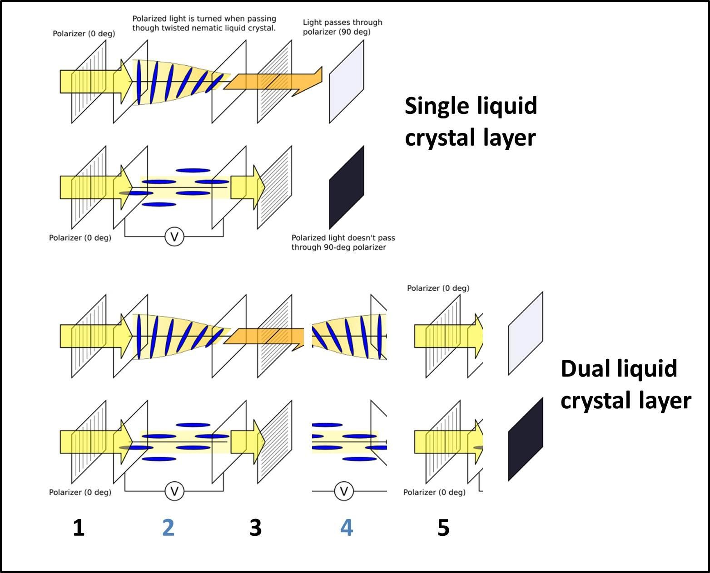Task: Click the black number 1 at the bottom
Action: coord(79,528)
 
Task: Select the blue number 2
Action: coord(168,528)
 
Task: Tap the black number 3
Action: coord(256,528)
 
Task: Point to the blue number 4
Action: coord(347,528)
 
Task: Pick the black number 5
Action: coord(443,528)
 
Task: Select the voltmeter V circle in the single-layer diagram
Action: coord(174,236)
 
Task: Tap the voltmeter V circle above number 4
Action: coord(344,491)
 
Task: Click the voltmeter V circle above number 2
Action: coord(174,491)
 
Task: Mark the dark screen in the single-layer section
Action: coord(347,187)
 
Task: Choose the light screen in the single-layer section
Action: coord(347,82)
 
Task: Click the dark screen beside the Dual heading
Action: coord(526,439)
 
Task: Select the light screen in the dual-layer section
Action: coord(526,333)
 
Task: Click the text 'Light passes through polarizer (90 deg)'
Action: coord(343,27)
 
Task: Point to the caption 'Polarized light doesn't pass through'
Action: coord(343,242)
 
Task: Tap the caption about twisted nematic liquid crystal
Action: coord(204,23)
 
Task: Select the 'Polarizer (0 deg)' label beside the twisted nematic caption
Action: coord(84,34)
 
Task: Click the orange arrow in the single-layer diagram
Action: coord(273,82)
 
